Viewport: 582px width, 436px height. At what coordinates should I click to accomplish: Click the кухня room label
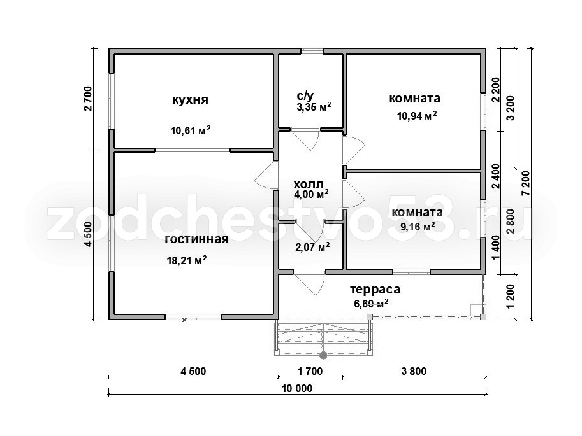click(190, 100)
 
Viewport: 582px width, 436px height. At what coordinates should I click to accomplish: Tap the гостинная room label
click(197, 239)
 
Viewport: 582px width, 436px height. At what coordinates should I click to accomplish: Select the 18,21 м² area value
click(187, 260)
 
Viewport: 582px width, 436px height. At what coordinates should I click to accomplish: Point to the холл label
click(309, 184)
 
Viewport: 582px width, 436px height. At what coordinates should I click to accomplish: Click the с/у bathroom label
click(305, 96)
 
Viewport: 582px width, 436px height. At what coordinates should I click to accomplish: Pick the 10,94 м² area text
click(417, 116)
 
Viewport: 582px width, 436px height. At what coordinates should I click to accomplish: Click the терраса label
click(375, 289)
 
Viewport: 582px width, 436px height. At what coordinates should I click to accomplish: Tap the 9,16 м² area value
click(418, 226)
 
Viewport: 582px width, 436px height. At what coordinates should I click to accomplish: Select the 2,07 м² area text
click(312, 246)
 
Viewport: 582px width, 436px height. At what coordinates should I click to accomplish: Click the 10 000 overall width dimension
click(297, 388)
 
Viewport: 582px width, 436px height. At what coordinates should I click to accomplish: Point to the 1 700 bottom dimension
click(310, 370)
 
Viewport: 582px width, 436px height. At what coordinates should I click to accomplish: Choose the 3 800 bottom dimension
click(414, 370)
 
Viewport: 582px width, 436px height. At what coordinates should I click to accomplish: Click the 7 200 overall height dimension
click(525, 183)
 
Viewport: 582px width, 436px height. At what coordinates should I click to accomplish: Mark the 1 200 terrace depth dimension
click(511, 296)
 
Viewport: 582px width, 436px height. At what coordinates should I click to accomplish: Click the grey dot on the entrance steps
click(323, 356)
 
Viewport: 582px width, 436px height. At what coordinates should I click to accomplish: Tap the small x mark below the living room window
click(184, 320)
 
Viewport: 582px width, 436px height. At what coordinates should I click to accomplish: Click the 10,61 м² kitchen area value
click(191, 130)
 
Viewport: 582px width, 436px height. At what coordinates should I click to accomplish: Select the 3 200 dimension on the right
click(511, 108)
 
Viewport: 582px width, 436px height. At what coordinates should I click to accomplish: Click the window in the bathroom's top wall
click(312, 51)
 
